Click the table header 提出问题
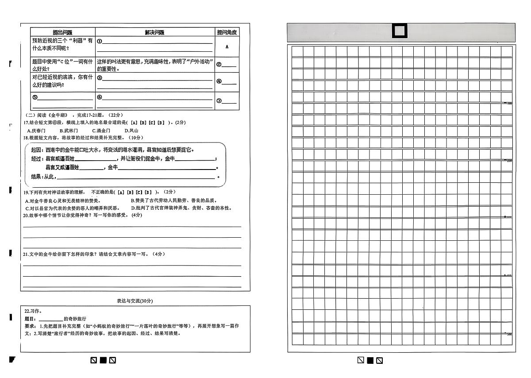[62, 32]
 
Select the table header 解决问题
[154, 32]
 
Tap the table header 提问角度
[227, 32]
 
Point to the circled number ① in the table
[100, 42]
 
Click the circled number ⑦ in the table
[219, 101]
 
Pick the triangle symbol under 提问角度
[227, 46]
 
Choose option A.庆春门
[36, 131]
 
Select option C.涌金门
[101, 131]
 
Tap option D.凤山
[131, 131]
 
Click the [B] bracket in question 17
[143, 123]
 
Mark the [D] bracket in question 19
[148, 192]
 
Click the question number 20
[26, 215]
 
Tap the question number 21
[26, 254]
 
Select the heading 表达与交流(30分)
[135, 301]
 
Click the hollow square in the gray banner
[400, 32]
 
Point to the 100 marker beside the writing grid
[509, 103]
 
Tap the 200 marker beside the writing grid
[509, 161]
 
